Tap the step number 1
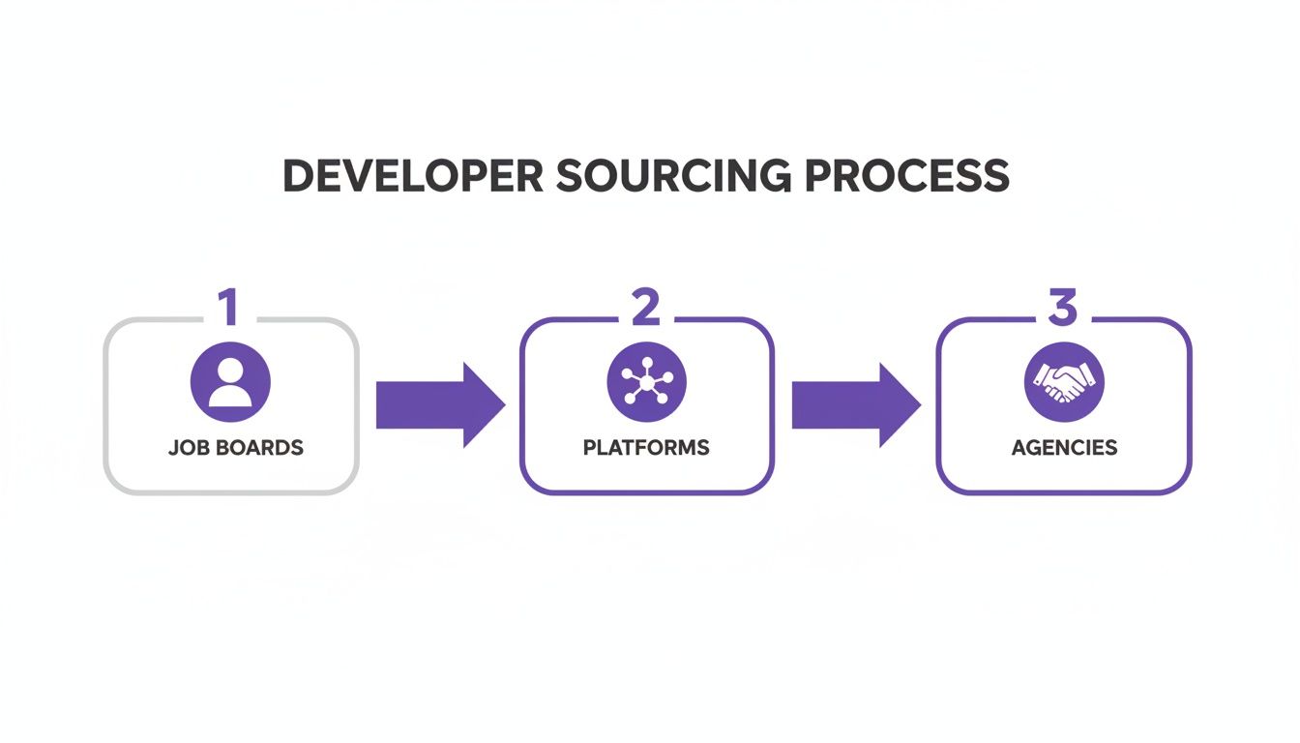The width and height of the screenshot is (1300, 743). pos(228,308)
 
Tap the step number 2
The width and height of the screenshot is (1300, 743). pos(645,308)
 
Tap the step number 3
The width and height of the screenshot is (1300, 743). pos(1062,308)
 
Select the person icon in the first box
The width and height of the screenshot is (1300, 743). pos(230,381)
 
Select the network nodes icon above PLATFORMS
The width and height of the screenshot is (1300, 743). pos(646,381)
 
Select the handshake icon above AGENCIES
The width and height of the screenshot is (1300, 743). pos(1063,381)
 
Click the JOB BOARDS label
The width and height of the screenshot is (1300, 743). pos(235,448)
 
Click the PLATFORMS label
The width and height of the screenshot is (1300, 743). pos(646,448)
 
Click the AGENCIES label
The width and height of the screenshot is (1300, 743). pos(1064,448)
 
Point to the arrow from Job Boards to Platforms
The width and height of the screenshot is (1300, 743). pos(438,404)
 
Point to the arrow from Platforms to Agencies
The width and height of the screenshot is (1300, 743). pos(854,404)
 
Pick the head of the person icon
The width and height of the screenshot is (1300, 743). pos(230,370)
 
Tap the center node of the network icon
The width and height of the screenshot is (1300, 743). pos(646,382)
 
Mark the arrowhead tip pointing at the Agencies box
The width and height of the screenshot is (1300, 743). pos(918,404)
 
